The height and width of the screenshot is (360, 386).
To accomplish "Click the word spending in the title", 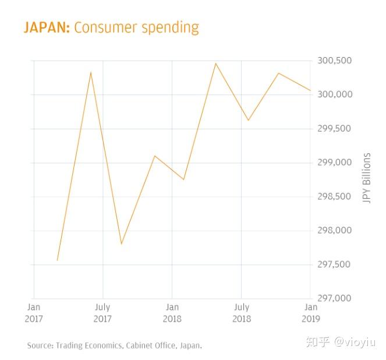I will pos(170,28).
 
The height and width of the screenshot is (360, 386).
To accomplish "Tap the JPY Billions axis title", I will pos(366,179).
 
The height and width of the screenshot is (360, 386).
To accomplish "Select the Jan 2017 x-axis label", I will pos(34,313).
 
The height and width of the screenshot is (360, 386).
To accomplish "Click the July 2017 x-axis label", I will pos(102,313).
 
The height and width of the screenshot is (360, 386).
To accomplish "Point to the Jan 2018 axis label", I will pos(172,313).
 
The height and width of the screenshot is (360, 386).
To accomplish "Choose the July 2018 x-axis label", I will pos(242,313).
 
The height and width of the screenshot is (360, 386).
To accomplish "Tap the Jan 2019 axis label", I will pos(311,313).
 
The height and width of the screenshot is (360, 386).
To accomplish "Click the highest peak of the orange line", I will pos(215,63).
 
